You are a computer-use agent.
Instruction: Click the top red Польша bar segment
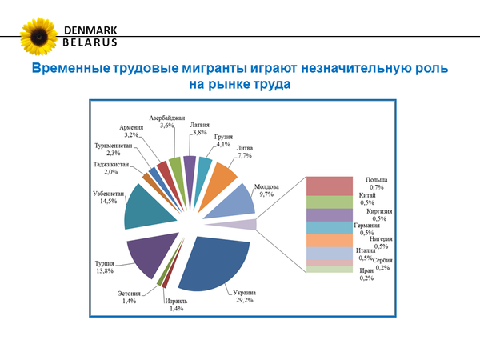tap(330, 186)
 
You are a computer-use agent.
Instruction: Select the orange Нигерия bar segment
tap(330, 241)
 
